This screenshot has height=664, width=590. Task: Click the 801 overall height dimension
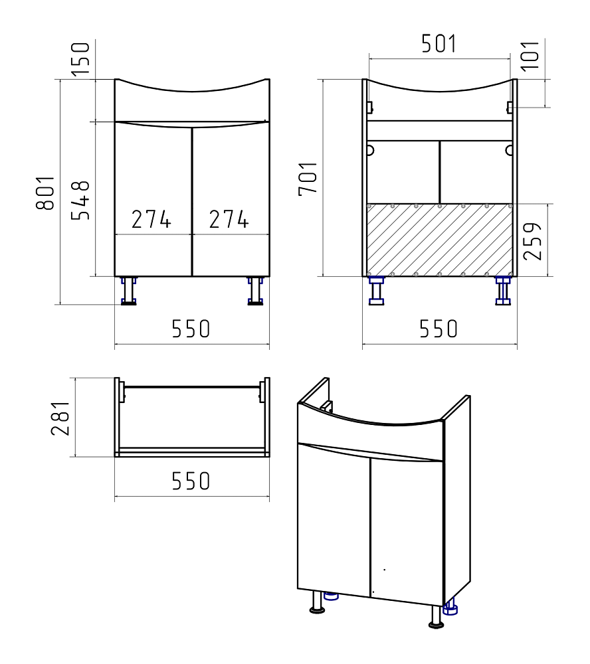pyautogui.click(x=46, y=193)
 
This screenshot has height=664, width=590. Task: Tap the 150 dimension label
pyautogui.click(x=80, y=59)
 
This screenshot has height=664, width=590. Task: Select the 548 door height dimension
pyautogui.click(x=80, y=201)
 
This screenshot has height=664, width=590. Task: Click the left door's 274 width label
pyautogui.click(x=151, y=219)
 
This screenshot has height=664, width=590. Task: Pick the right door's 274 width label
pyautogui.click(x=229, y=219)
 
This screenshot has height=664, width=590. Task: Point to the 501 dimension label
pyautogui.click(x=439, y=44)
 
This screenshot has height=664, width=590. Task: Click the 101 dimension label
pyautogui.click(x=530, y=56)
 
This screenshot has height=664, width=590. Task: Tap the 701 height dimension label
pyautogui.click(x=308, y=179)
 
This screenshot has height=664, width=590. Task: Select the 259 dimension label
pyautogui.click(x=533, y=241)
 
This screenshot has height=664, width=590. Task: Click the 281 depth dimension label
pyautogui.click(x=60, y=418)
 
